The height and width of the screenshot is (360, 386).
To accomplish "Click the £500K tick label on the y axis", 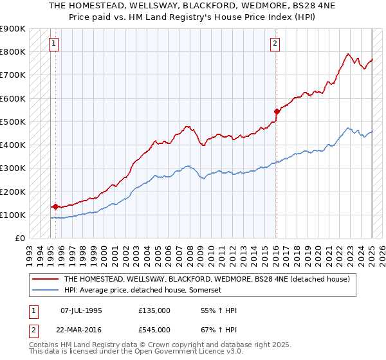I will point(14,122).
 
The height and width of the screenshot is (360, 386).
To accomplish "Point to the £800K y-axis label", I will point(14,51).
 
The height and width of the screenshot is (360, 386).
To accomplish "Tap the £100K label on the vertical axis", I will point(14,215).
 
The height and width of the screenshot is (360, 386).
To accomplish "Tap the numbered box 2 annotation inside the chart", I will point(275,44).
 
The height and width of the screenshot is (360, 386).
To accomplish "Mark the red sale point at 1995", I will point(56,206).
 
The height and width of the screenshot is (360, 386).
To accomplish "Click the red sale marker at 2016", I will point(277,111).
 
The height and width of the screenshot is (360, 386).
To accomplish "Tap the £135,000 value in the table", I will point(154,310).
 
